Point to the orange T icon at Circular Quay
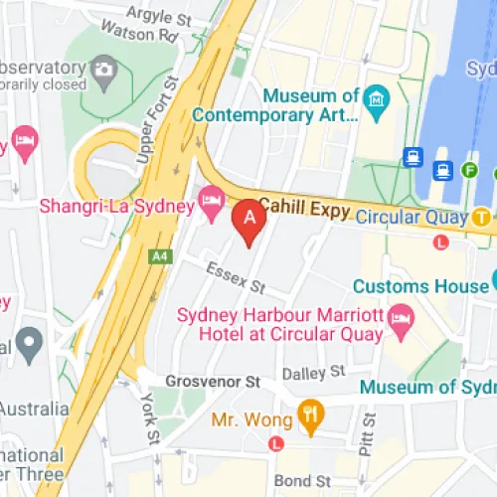coord(482,216)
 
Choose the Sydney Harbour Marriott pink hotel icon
coord(401,320)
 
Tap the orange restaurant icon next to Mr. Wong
coord(311,416)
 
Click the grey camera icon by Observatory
coord(102,70)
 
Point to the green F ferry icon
coord(470,170)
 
